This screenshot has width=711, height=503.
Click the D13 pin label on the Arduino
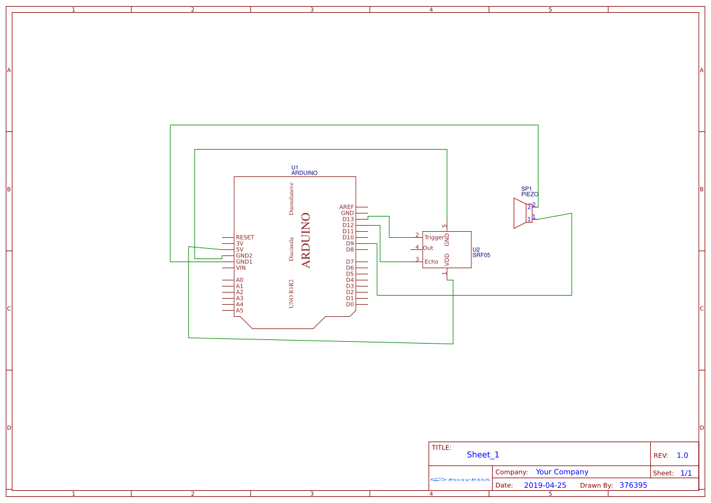tap(348, 219)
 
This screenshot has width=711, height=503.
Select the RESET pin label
tap(245, 237)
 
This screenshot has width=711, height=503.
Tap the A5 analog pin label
tap(240, 310)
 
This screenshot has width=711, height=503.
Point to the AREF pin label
tap(347, 207)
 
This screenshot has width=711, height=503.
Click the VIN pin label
tap(241, 268)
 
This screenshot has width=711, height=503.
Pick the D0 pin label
tap(350, 304)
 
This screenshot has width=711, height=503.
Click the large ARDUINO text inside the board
tap(306, 240)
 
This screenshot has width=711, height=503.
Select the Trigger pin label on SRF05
tap(434, 237)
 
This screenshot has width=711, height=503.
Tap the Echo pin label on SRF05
tap(431, 262)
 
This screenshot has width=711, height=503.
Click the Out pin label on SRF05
tap(428, 248)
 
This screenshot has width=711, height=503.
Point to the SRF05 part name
tap(481, 255)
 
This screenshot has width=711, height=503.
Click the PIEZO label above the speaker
tap(529, 194)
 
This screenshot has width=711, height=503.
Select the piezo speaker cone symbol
tap(519, 213)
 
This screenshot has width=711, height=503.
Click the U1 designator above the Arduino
tap(294, 167)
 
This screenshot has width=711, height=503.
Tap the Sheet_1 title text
tap(483, 455)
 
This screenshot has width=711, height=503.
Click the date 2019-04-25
tap(544, 485)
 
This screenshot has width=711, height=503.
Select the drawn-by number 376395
tap(633, 485)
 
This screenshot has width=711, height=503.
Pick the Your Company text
tap(562, 472)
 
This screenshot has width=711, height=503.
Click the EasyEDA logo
tap(460, 479)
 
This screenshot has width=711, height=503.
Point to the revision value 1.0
tap(682, 456)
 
